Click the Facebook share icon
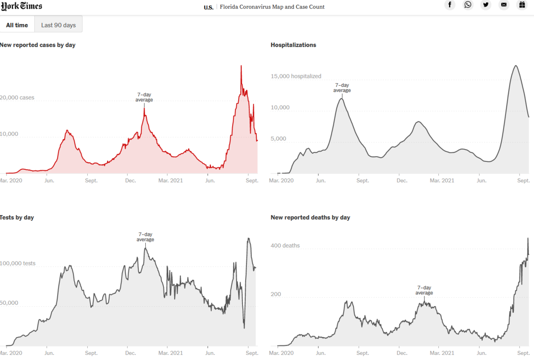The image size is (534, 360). point(450,5)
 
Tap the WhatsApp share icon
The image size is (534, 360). point(468,5)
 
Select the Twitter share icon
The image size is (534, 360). point(486,5)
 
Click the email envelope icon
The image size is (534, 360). point(504,5)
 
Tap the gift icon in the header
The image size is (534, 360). point(522,5)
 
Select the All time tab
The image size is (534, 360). point(17,25)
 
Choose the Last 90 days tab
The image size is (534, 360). point(58,25)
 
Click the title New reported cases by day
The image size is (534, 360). point(38,45)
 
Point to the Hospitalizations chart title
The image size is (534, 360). point(293,45)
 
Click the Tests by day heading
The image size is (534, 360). point(17,217)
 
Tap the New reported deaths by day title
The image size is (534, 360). point(310,217)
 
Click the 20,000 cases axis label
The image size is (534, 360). point(17,98)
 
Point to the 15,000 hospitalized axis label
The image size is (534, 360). point(296,76)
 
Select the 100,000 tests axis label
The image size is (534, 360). point(17,263)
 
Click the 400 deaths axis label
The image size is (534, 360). point(285,246)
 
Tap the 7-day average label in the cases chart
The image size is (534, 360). point(144,97)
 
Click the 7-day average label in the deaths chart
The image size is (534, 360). point(424,290)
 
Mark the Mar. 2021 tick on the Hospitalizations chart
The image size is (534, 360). point(442,180)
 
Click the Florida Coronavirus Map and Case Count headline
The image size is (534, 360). point(272,7)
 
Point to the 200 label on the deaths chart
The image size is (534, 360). point(276,294)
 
